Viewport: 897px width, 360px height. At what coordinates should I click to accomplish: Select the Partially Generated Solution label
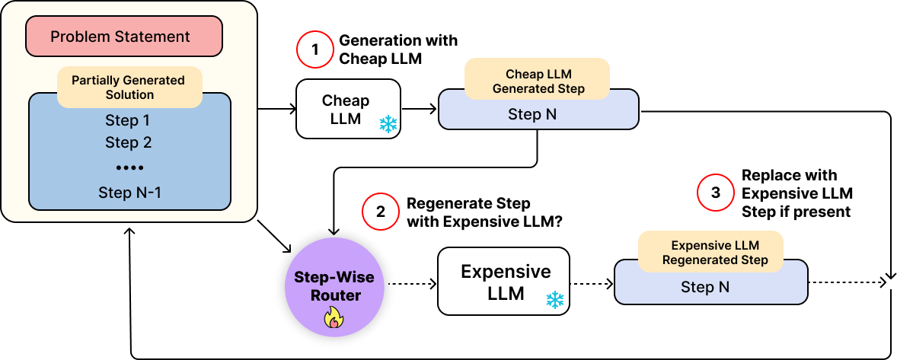129,88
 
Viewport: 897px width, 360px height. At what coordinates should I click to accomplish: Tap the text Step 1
128,120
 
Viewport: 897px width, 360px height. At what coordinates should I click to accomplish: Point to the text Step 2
128,142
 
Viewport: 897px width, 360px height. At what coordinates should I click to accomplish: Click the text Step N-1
129,193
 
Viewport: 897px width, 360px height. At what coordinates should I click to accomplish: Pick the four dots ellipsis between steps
129,167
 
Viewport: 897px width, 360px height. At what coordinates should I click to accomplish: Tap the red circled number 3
716,193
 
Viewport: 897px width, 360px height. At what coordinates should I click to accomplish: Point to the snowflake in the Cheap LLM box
388,124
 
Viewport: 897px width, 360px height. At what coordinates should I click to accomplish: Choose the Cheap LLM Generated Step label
538,81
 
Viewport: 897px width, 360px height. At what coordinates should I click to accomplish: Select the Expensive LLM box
503,281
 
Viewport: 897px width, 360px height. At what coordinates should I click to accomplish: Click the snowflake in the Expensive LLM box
555,299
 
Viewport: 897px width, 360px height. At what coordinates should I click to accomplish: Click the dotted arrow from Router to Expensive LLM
411,285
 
